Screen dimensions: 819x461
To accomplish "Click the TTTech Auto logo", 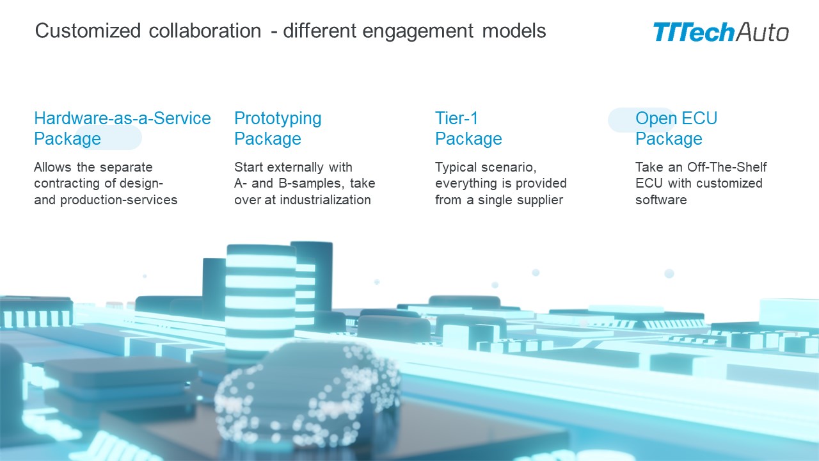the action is point(720,32).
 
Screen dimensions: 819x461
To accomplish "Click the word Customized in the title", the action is point(88,31).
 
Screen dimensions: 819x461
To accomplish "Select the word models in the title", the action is point(514,31).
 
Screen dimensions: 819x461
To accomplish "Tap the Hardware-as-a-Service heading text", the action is point(122,118).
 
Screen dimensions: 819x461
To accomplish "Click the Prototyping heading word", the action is point(278,119).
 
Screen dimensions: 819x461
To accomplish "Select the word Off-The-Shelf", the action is point(727,167).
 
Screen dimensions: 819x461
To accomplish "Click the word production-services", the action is point(119,200).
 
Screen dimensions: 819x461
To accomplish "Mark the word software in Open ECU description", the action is point(661,200).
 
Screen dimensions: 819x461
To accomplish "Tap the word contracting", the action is point(67,184).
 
